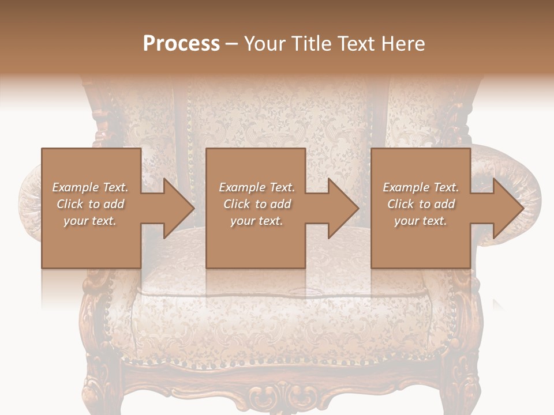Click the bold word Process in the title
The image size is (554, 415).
tap(181, 44)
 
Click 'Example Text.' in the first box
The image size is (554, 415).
tap(90, 187)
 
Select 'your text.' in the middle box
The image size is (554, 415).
tap(256, 221)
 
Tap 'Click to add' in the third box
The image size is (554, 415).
tap(421, 204)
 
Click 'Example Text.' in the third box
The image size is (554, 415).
tap(421, 187)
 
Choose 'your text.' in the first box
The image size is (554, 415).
tap(90, 221)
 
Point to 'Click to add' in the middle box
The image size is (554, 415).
tap(257, 204)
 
